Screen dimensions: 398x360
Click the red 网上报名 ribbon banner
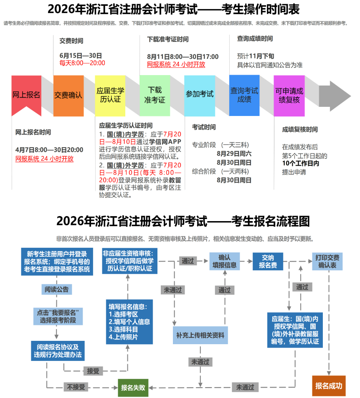26,95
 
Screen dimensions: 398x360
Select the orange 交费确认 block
68,95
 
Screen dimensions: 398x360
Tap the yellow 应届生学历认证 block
110,95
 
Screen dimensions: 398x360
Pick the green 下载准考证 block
155,95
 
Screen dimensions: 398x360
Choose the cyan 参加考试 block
199,94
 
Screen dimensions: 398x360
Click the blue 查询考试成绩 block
244,95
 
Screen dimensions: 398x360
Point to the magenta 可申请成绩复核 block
289,95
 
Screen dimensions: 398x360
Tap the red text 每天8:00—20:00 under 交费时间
82,63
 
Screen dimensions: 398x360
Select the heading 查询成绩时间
255,39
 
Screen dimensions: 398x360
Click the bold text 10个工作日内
301,164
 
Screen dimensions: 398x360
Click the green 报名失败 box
133,387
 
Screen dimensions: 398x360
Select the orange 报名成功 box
329,385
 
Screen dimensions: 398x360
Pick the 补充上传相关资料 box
200,335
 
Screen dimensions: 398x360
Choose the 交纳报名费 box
268,261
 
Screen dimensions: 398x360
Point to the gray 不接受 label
76,387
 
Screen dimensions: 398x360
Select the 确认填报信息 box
224,261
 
